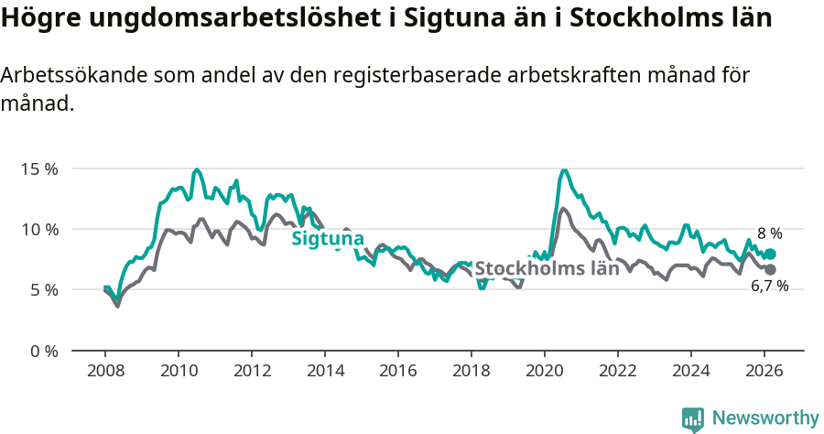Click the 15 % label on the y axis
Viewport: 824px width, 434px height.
coord(39,169)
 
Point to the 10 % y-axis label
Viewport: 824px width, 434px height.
coord(39,230)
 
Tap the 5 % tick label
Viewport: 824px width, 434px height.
coord(43,290)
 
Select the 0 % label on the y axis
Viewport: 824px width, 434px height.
coord(43,351)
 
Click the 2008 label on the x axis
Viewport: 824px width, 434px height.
coord(105,371)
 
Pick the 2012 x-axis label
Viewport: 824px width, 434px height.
coord(252,371)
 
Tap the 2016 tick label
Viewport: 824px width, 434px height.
coord(398,371)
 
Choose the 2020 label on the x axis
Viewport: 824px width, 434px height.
coord(545,371)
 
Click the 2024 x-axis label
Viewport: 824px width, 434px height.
coord(691,371)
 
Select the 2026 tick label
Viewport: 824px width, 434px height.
coord(764,371)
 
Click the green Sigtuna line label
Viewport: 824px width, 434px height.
coord(321,239)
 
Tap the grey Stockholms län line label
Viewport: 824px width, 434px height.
coord(547,269)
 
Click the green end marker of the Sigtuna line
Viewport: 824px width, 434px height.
coord(770,254)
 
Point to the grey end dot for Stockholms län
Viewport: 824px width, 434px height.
coord(770,270)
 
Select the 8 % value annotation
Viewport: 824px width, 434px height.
coord(769,233)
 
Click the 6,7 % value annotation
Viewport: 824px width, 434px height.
coord(769,287)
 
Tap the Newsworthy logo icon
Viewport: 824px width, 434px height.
coord(693,419)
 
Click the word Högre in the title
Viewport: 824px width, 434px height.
coord(35,17)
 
